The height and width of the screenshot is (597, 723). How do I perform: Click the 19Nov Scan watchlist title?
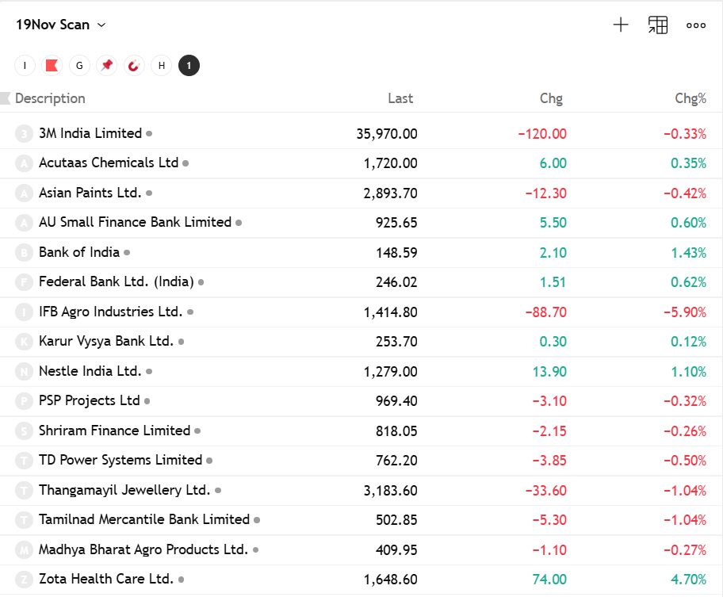coord(53,25)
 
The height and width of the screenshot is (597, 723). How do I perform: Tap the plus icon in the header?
coord(621,25)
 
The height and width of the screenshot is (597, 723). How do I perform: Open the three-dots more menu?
coord(696,25)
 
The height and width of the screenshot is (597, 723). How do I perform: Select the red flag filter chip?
coord(52,66)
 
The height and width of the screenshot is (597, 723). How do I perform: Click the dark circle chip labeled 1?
coord(189,66)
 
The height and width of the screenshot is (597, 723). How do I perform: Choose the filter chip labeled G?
coord(78,66)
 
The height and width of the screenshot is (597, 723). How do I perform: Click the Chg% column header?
coord(690,98)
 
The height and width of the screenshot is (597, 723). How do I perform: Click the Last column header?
coord(400,98)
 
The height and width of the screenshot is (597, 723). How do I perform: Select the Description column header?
coord(50,98)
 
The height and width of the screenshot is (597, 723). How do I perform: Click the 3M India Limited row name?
coord(90,133)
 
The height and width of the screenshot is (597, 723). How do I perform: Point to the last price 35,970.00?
coord(386,134)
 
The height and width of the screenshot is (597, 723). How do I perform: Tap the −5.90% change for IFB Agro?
coord(684,312)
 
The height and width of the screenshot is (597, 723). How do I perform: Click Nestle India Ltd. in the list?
coord(90,371)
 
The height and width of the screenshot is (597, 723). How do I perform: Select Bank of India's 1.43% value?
coord(688,253)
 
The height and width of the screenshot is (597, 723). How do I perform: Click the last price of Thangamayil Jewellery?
coord(390,491)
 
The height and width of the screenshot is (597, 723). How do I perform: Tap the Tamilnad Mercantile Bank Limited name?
coord(144,519)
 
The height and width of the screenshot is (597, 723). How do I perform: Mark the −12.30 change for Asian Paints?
coord(545,193)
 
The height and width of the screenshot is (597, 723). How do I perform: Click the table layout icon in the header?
coord(658,25)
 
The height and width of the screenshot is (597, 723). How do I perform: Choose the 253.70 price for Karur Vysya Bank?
coord(396,342)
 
